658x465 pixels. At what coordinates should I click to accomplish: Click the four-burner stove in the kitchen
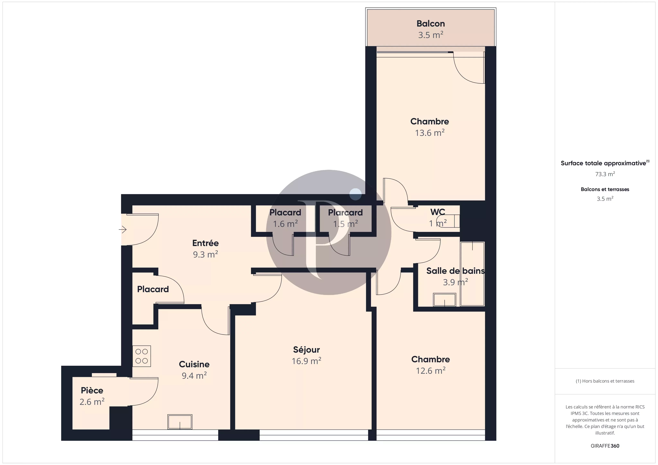click(142, 356)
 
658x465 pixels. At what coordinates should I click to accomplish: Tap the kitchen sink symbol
click(180, 422)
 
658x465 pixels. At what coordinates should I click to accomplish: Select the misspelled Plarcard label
click(345, 213)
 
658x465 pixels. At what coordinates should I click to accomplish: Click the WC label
click(438, 212)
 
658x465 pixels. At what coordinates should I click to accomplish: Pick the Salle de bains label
click(455, 271)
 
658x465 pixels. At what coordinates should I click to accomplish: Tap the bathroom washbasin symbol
click(445, 300)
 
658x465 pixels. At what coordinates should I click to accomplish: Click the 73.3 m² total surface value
click(605, 174)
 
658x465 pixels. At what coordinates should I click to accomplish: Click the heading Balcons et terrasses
click(605, 189)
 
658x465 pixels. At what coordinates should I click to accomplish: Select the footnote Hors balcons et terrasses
click(605, 381)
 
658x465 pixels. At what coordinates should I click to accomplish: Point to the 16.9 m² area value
click(306, 361)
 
